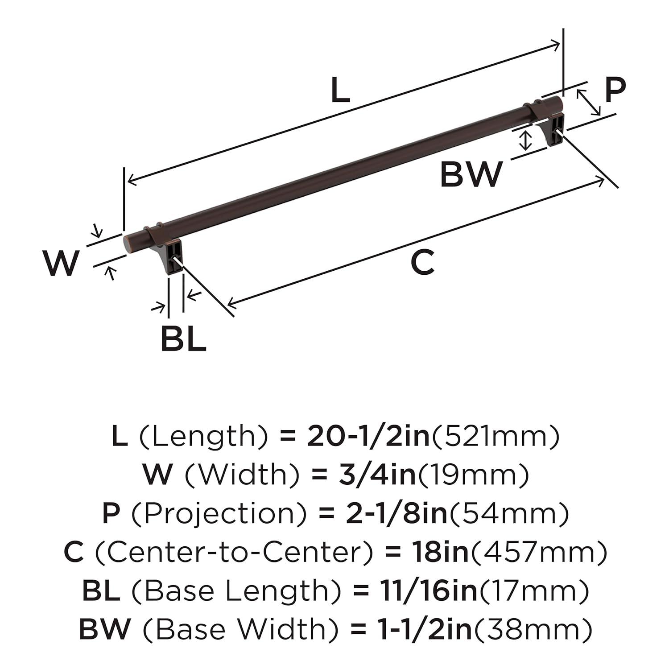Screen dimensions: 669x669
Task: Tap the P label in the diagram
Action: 615,91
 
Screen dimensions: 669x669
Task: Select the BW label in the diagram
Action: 471,175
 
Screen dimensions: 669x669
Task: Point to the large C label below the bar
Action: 422,263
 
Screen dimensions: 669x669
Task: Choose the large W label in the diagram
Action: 61,264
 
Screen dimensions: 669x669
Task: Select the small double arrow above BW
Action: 527,140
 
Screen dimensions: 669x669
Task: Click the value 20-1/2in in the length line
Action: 368,437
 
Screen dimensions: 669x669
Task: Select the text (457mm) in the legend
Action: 539,553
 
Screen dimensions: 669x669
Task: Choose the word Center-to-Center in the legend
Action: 234,553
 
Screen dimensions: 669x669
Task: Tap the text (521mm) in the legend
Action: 495,437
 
